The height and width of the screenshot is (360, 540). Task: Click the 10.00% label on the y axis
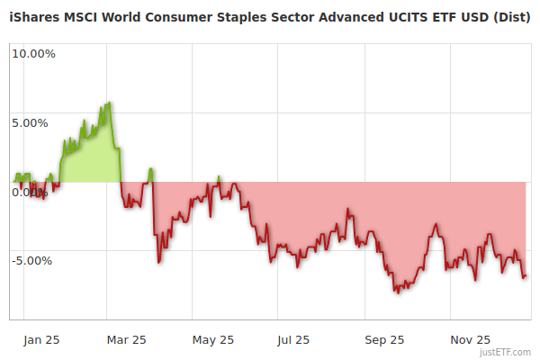tap(33, 54)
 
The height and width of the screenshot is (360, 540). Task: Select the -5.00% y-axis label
tap(31, 261)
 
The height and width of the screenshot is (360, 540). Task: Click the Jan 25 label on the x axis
tap(41, 340)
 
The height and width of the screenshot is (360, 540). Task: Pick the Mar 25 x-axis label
tap(126, 340)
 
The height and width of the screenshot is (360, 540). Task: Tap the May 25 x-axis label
tap(213, 340)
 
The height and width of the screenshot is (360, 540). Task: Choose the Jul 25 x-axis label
tap(293, 340)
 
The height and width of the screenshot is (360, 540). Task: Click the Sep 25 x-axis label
tap(383, 340)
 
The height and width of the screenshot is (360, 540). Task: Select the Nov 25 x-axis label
tap(470, 340)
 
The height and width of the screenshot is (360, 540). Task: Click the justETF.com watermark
tap(506, 353)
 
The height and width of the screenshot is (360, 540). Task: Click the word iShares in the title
tap(35, 18)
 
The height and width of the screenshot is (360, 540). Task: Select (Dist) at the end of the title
tap(510, 18)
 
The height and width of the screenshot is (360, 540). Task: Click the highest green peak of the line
tap(109, 103)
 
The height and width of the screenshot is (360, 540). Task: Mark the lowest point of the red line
tap(396, 292)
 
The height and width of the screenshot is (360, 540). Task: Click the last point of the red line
tap(526, 276)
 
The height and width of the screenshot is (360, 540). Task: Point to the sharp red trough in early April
tap(158, 262)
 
